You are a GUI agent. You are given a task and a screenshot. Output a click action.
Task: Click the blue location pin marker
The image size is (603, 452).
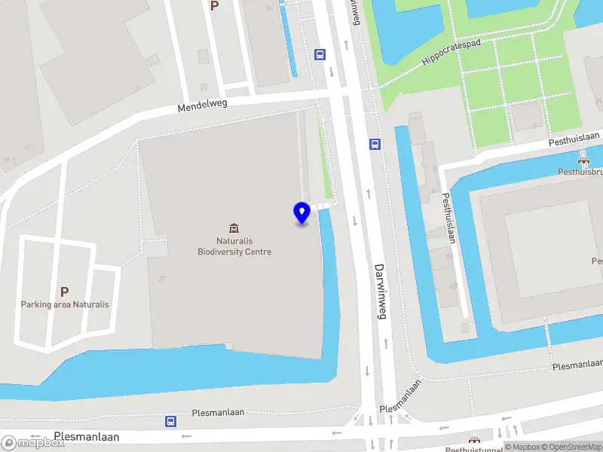click(301, 212)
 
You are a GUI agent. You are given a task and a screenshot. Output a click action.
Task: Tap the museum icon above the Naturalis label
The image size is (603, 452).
click(234, 228)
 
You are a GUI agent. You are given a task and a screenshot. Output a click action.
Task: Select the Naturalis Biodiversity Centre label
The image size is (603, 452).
click(234, 246)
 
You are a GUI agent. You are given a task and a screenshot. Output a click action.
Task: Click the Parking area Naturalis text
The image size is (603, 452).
click(65, 304)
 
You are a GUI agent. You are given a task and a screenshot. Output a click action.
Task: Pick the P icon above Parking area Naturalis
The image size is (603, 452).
click(64, 292)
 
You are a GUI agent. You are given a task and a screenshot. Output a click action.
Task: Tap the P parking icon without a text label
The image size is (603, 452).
click(215, 5)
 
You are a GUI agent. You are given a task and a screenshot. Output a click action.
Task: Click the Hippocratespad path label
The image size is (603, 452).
click(450, 53)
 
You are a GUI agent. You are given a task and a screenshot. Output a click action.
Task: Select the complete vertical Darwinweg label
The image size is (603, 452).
click(380, 292)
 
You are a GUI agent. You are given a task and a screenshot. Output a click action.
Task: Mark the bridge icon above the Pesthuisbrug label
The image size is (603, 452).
click(583, 160)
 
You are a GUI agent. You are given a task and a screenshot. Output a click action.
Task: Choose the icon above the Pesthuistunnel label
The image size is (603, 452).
click(474, 441)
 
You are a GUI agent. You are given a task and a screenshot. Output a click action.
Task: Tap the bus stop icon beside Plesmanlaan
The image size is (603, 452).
click(171, 422)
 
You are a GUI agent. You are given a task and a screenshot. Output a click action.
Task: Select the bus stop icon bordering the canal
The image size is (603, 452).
click(375, 145)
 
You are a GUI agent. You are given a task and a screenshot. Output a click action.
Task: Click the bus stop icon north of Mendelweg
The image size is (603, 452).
click(320, 54)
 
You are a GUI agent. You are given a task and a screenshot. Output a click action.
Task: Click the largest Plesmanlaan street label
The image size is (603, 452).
click(87, 437)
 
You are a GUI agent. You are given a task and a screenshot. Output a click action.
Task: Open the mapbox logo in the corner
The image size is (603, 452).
click(33, 443)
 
